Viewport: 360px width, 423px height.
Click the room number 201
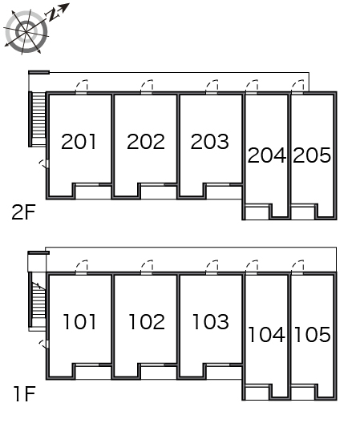tap(79, 142)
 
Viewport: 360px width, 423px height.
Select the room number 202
tap(146, 142)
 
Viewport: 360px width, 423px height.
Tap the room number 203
tap(210, 142)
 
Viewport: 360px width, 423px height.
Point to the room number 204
tap(267, 155)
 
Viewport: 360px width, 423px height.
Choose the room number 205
tap(312, 155)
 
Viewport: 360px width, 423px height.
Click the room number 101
tap(79, 321)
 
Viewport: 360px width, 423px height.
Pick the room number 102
tap(147, 321)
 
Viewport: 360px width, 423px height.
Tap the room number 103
tap(211, 321)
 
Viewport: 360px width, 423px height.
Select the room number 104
tap(266, 335)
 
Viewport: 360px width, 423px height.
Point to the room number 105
tap(312, 335)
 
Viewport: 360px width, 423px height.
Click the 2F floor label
tap(24, 212)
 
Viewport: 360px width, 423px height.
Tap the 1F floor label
tap(25, 394)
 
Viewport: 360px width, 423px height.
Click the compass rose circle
tap(26, 32)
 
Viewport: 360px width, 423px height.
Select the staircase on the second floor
tap(38, 119)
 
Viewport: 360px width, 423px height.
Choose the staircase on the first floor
tap(37, 300)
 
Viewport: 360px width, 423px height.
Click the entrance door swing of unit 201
tap(81, 86)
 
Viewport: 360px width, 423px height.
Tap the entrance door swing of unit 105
tap(297, 267)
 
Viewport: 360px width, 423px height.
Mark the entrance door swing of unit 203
tap(212, 86)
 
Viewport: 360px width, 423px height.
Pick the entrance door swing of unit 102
tap(147, 267)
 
